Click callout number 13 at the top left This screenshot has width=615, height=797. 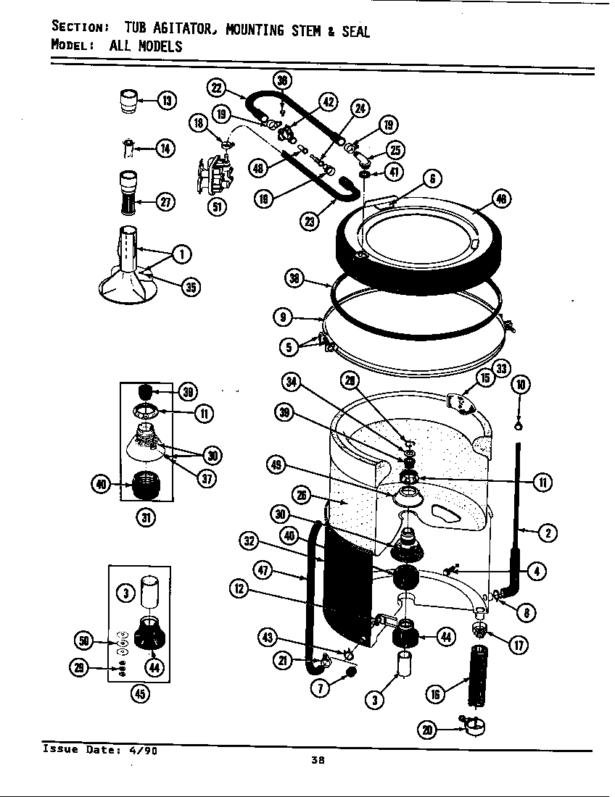(166, 100)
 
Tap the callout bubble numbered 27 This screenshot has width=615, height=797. (166, 201)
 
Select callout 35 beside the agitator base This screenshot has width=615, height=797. (190, 287)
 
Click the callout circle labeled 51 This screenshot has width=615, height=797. (216, 206)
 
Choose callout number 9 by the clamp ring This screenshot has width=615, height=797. (284, 317)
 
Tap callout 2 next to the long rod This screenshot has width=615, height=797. (547, 533)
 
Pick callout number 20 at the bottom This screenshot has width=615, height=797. (429, 730)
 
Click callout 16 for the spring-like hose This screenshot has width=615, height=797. (435, 694)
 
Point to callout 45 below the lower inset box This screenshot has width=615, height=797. (139, 693)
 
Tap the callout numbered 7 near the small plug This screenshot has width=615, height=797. (318, 688)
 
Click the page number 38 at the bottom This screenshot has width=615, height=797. (317, 760)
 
